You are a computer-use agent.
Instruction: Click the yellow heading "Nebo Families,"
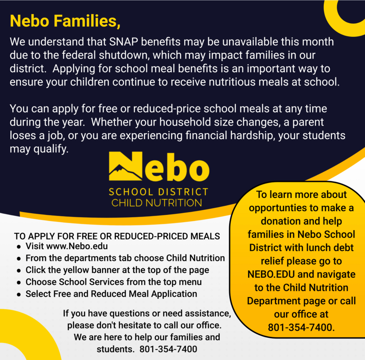tap(65, 21)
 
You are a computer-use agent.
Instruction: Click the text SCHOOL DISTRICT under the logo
tap(158, 192)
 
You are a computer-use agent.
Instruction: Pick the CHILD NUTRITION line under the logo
tap(157, 203)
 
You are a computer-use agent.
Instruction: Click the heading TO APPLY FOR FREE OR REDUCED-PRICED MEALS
tap(117, 236)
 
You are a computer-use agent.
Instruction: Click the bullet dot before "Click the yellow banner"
tap(18, 271)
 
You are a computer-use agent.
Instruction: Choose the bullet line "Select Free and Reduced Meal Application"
tap(111, 294)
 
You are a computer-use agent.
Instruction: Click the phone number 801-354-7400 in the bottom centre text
tap(168, 349)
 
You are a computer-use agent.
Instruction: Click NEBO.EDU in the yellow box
tap(270, 274)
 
